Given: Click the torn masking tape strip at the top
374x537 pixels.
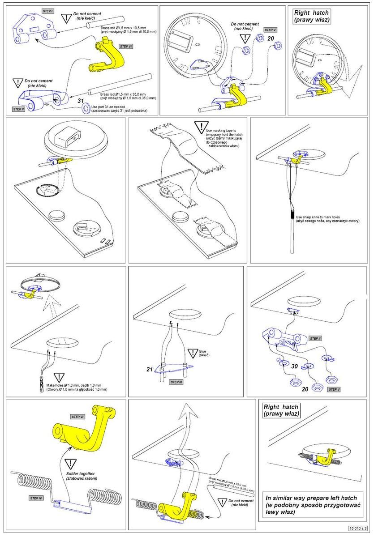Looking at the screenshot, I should pyautogui.click(x=179, y=139).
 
